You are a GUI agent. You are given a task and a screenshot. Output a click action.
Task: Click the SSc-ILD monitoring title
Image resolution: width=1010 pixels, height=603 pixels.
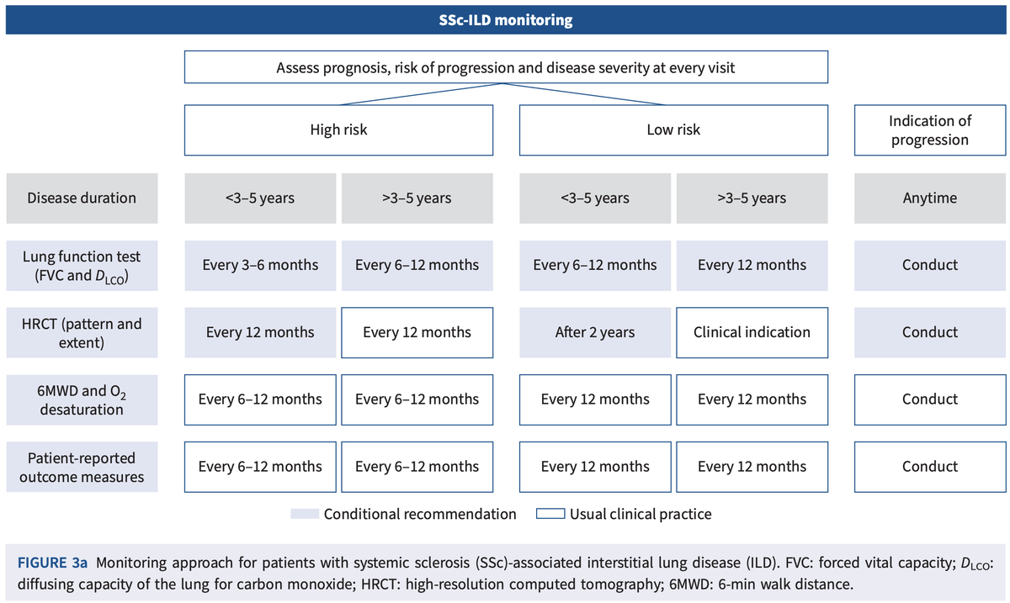[x=505, y=19]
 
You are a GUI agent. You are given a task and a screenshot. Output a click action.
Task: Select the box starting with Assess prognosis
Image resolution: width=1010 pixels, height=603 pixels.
[x=505, y=67]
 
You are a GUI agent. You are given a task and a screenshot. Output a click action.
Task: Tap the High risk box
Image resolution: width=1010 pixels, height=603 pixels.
[x=338, y=130]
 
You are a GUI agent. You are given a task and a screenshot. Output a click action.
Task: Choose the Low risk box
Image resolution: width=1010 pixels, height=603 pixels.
[x=673, y=130]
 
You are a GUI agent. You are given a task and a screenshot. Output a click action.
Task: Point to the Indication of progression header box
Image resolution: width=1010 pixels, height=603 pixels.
[x=929, y=130]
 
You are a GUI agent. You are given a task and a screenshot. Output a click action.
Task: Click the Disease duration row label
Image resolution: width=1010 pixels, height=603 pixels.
[x=82, y=198]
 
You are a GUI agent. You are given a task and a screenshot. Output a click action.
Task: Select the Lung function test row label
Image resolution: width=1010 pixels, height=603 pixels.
[x=82, y=265]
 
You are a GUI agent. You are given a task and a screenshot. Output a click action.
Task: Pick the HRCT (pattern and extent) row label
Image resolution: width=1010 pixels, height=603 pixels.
[x=82, y=332]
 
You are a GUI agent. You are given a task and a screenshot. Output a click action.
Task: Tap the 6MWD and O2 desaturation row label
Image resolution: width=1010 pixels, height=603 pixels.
[x=82, y=399]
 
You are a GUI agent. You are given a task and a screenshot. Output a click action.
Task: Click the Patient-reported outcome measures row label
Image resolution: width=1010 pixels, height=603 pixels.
[x=82, y=467]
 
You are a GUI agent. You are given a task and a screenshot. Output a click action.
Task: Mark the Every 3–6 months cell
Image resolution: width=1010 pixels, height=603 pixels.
[x=260, y=265]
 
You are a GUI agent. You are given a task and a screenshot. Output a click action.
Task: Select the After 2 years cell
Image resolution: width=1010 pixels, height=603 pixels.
[x=595, y=332]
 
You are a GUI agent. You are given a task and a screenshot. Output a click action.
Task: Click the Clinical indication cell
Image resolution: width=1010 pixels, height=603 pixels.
[x=752, y=332]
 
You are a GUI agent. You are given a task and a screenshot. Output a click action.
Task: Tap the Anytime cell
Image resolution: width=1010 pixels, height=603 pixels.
[x=929, y=198]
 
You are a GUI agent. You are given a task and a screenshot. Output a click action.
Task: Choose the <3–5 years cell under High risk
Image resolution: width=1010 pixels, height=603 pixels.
[x=260, y=198]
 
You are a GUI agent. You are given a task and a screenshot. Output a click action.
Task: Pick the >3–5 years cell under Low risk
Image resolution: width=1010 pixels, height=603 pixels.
[x=752, y=198]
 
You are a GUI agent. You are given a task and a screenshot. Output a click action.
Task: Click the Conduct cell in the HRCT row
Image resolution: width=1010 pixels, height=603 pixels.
[x=929, y=332]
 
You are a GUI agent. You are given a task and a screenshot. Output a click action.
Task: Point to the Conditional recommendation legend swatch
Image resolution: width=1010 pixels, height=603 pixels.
[x=304, y=514]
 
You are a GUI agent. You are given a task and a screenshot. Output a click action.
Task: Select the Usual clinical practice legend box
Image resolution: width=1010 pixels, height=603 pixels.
[x=550, y=514]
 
